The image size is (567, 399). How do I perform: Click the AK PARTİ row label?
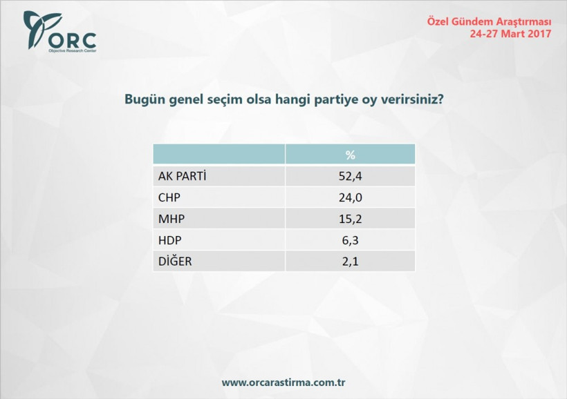(x=183, y=176)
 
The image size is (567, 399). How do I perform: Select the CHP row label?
(x=170, y=197)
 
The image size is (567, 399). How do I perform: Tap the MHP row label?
(x=171, y=219)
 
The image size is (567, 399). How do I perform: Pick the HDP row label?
(x=171, y=240)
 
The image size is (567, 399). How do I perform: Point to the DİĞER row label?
(x=175, y=262)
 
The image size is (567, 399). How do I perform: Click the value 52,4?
(x=350, y=176)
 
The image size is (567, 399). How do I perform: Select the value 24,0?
(x=350, y=197)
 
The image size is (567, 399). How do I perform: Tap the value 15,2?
(x=350, y=219)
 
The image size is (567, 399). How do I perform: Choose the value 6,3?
(x=350, y=240)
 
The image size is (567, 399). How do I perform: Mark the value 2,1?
(x=350, y=262)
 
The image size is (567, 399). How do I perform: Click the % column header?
(x=350, y=154)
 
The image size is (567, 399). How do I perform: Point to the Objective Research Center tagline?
(x=72, y=51)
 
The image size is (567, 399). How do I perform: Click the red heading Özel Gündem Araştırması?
(x=489, y=21)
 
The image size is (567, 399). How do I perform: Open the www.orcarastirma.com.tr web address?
(x=283, y=382)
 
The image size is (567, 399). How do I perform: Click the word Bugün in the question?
(x=142, y=99)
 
